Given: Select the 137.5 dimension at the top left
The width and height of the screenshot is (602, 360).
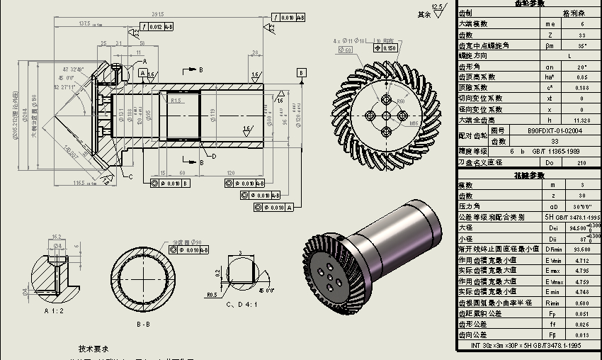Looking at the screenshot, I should pos(84,23).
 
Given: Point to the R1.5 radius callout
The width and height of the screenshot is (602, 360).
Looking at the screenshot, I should pos(176,101).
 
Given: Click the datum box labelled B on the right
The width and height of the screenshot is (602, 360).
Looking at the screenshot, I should pos(301,72).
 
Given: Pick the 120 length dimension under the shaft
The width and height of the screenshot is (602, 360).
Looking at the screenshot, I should pos(231,173).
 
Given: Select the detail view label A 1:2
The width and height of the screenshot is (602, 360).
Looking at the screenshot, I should pos(55,310).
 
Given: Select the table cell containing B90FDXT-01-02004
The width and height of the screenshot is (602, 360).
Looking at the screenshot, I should pos(555,130).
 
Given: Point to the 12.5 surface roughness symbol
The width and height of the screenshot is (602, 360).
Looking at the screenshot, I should pos(438,9).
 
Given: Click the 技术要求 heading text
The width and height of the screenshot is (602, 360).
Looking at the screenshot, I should pos(93,349).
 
